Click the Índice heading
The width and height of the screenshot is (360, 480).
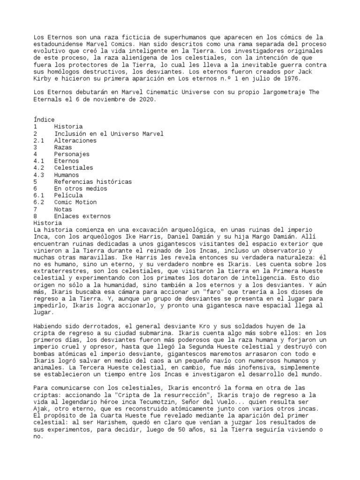tap(44, 120)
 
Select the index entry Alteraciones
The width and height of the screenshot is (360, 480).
tap(75, 141)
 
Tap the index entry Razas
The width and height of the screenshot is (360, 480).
tap(63, 147)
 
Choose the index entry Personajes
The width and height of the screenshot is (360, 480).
tap(71, 154)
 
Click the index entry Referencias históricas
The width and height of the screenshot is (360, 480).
tap(93, 181)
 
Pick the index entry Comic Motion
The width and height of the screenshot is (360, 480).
tap(75, 202)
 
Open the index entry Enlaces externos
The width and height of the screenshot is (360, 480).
tap(82, 216)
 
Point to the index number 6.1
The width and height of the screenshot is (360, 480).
tap(39, 195)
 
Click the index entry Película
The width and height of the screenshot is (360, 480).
tap(68, 195)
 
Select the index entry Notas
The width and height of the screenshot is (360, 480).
tap(63, 209)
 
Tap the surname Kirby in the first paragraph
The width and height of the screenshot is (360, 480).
tap(42, 78)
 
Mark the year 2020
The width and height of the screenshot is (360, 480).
tap(146, 99)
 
